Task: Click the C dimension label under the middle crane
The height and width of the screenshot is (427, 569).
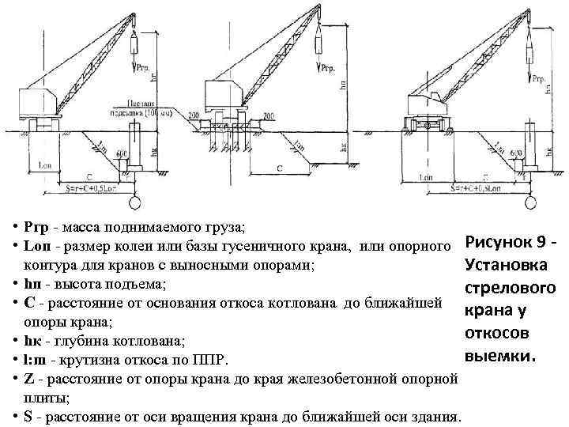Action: pyautogui.click(x=281, y=168)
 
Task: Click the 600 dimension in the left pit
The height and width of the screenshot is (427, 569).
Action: pyautogui.click(x=121, y=153)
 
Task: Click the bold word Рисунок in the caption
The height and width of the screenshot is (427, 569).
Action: pyautogui.click(x=496, y=240)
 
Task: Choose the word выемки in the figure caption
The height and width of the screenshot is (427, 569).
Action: pyautogui.click(x=500, y=357)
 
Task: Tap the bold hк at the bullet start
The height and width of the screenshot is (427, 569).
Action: pyautogui.click(x=32, y=341)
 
